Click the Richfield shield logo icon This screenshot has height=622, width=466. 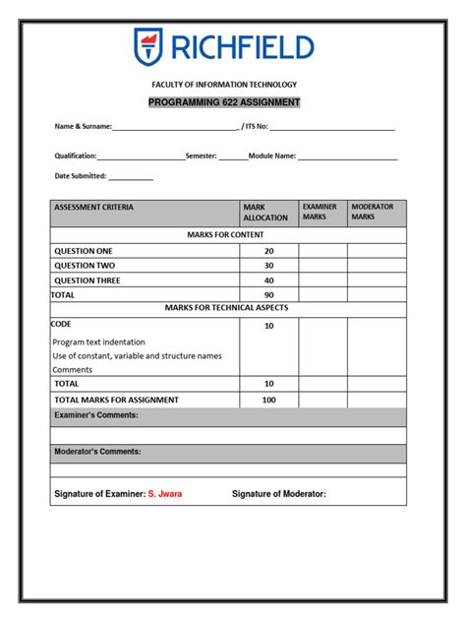point(150,47)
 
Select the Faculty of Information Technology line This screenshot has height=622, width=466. point(224,85)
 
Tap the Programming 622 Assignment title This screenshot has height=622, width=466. point(224,102)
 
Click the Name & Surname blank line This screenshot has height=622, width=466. point(175,128)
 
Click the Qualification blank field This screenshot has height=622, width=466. point(141,156)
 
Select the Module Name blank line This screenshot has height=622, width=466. point(347,156)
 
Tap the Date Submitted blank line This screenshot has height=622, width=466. point(131,178)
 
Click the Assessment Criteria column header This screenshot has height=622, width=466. point(94,208)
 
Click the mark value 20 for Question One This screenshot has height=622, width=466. point(268,251)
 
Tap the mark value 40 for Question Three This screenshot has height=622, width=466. point(268,280)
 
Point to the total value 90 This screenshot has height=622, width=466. point(268,294)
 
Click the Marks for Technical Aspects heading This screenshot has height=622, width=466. point(226,308)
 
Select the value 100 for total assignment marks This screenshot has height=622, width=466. point(268,400)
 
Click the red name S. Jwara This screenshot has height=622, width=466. point(165,494)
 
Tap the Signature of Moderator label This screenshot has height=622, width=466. point(278,494)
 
